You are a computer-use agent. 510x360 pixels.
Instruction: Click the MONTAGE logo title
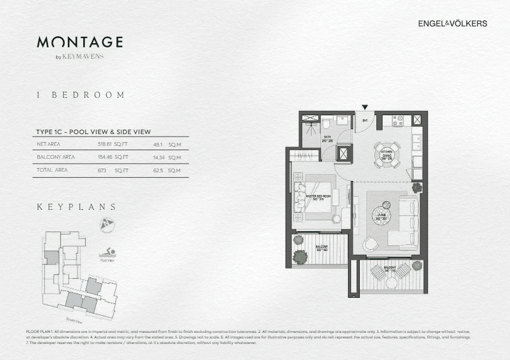tap(79, 42)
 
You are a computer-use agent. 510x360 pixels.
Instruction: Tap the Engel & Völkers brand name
tap(452, 24)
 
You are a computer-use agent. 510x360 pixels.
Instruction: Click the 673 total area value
tap(102, 170)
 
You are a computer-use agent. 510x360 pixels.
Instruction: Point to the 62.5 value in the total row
tap(158, 170)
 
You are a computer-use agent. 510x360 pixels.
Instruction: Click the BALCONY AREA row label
tap(56, 157)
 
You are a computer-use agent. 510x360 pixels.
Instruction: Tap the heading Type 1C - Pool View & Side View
tap(94, 132)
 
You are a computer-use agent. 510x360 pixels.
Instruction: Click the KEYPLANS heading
tap(77, 207)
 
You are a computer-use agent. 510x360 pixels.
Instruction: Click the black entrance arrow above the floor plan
tap(365, 107)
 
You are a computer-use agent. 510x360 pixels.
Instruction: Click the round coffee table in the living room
tap(386, 206)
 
